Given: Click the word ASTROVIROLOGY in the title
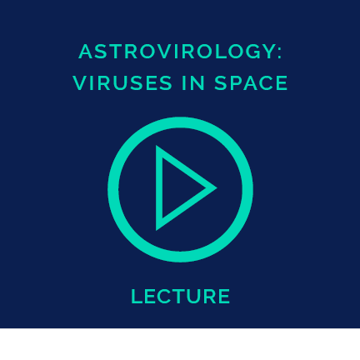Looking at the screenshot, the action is pos(177,52).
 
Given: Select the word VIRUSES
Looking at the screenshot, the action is pos(122,83).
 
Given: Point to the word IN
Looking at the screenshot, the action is pos(193,83).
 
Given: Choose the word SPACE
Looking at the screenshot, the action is pos(251,83).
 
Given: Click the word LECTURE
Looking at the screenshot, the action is pos(181,297).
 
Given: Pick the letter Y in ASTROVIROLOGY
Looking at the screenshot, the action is pos(268,52).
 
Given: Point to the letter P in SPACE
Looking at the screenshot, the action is pos(235,83).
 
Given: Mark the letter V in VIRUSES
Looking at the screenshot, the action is pos(80,83).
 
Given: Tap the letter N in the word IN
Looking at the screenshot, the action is pos(198,83).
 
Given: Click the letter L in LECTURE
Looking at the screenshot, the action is pos(136,297).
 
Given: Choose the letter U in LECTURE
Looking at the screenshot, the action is pos(194,297).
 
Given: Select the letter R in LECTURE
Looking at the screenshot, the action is pos(210,297).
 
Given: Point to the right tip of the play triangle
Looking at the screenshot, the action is pos(217,187).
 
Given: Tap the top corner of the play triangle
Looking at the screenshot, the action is pos(156,145).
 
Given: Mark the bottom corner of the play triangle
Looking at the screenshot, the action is pos(156,231).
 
